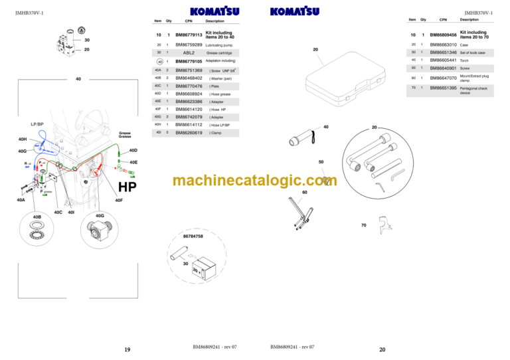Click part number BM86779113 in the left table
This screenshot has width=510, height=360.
(189, 34)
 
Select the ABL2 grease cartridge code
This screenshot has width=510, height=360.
(189, 52)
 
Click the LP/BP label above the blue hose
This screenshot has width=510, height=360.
(37, 124)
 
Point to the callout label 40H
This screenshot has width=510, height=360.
(23, 139)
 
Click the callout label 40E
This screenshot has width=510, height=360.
(133, 161)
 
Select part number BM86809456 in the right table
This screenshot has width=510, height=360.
(444, 35)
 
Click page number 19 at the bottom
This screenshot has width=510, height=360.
(126, 349)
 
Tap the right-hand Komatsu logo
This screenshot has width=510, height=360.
(295, 11)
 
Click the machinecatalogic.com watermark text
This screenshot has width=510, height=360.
(254, 181)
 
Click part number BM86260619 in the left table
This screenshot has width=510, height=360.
(189, 133)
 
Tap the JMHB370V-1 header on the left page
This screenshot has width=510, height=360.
(29, 12)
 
